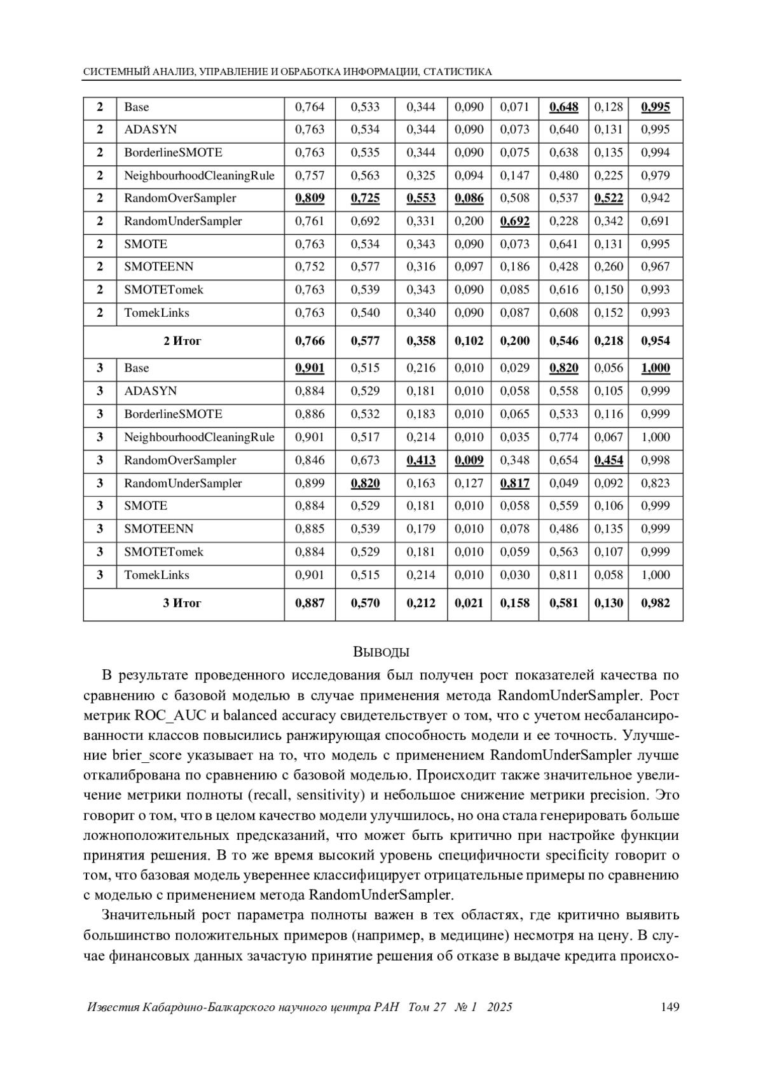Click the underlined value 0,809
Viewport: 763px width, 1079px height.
point(310,198)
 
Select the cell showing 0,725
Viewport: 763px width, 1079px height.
point(365,198)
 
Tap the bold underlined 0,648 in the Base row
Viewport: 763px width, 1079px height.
point(563,107)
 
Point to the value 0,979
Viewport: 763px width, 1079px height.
point(655,176)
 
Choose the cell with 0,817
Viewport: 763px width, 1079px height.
point(514,484)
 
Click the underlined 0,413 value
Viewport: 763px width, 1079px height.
point(421,461)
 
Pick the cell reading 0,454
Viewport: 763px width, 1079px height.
point(608,461)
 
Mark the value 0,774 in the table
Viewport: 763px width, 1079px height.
point(563,438)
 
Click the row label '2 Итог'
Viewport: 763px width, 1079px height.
point(182,341)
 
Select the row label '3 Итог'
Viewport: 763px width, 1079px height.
point(182,603)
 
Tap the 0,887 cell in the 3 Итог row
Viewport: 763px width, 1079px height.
point(310,603)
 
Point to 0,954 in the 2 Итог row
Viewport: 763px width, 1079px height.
point(655,341)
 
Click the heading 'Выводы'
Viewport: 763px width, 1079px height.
point(381,652)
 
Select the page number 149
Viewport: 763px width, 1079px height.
point(670,1007)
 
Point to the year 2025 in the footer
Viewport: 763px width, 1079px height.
point(500,1007)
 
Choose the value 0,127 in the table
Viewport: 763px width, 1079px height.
point(469,484)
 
